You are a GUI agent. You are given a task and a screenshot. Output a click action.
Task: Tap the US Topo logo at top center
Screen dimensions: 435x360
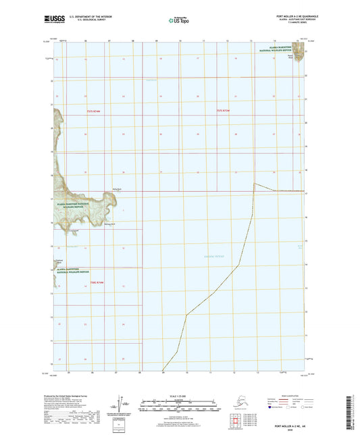[x=178, y=21]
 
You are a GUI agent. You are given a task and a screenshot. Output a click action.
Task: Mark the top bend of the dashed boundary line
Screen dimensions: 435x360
[x=253, y=183]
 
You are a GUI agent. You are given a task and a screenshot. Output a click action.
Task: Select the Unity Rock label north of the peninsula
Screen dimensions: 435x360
[x=116, y=189]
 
